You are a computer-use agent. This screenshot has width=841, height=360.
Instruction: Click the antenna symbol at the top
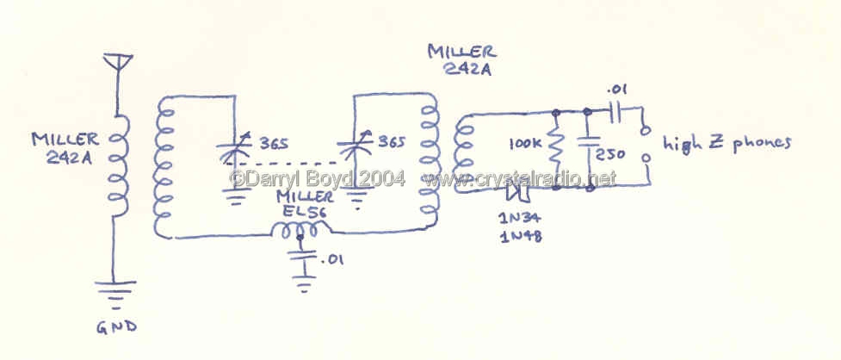tap(117, 61)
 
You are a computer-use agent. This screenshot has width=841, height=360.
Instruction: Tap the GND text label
tap(116, 326)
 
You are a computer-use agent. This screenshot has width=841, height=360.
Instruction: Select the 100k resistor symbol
tap(557, 147)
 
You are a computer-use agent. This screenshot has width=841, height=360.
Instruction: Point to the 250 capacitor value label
tap(611, 154)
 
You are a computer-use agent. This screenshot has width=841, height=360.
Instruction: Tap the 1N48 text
tap(520, 237)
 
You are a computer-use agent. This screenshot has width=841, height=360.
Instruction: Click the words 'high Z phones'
tap(727, 143)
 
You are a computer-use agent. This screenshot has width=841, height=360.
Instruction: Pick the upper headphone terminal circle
tap(646, 130)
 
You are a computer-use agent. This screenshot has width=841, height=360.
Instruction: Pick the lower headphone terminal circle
tap(646, 158)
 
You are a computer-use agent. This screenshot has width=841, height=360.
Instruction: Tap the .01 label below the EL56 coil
tap(332, 260)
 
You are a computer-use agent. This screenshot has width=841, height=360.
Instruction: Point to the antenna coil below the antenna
tap(119, 167)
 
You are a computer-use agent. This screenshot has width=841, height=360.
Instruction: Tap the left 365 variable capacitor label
tap(274, 145)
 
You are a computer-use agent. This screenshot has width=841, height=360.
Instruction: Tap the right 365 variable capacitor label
tap(392, 142)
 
